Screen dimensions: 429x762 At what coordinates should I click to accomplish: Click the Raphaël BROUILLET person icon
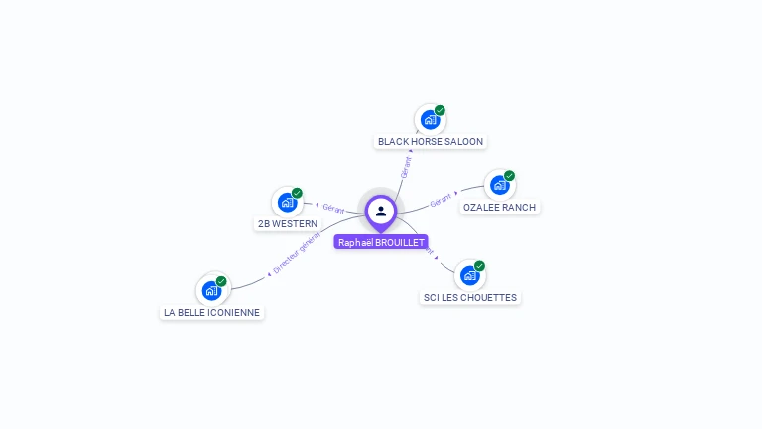(381, 211)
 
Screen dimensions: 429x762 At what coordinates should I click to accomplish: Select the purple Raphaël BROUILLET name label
(381, 242)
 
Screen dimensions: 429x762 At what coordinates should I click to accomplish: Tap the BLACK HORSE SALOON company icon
(430, 120)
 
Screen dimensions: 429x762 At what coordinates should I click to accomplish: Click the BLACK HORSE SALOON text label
(431, 142)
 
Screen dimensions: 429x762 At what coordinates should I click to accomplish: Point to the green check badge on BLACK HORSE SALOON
(440, 110)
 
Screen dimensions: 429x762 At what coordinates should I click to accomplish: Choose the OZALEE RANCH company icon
(499, 186)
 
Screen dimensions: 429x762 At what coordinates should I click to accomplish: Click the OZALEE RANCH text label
(499, 208)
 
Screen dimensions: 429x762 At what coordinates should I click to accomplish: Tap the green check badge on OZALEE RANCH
(509, 176)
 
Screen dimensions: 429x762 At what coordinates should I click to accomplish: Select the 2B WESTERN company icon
(287, 203)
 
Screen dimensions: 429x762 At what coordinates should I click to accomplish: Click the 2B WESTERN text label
(288, 224)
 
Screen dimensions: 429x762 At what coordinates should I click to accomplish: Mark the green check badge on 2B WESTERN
(297, 193)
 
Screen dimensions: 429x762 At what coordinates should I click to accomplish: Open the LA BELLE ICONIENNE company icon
(211, 290)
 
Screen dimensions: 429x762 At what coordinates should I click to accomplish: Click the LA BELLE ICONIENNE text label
(212, 312)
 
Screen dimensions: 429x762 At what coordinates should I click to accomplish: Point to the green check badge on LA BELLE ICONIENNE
(221, 281)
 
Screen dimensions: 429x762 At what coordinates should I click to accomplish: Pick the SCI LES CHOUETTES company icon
(469, 275)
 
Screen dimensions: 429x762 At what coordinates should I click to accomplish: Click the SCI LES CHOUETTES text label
(469, 298)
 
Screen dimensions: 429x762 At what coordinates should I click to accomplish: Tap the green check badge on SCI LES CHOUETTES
(479, 266)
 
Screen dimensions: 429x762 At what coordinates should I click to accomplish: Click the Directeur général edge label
(296, 255)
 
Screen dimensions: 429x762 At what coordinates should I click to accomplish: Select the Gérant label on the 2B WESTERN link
(333, 209)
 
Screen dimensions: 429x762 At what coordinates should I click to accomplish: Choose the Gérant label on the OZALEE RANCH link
(442, 201)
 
